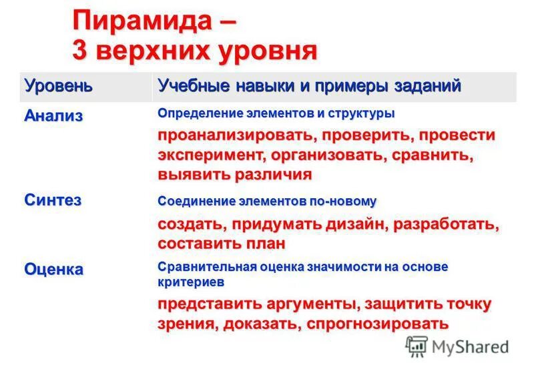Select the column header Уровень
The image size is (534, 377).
pos(59,85)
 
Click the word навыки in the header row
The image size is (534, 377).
pos(254,85)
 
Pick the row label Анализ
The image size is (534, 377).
pos(54,115)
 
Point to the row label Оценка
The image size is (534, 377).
pos(54,269)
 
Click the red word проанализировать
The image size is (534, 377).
pos(236,135)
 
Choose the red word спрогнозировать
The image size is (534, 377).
pos(380,324)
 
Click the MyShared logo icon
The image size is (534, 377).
pos(417,346)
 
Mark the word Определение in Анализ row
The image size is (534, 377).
pos(194,113)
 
